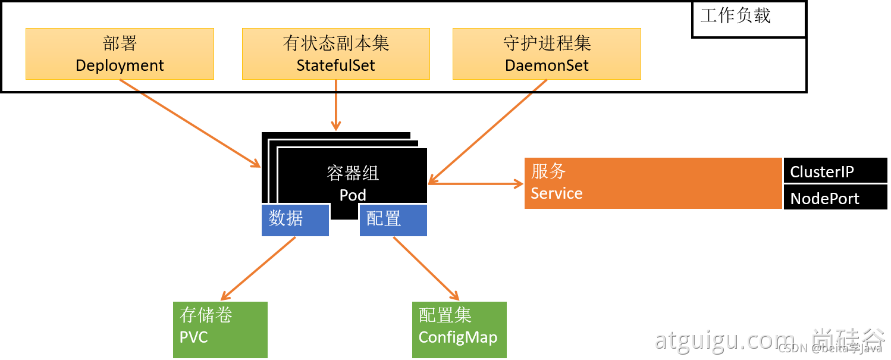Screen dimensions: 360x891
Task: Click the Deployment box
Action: click(x=120, y=54)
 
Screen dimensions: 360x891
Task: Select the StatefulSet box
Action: click(x=335, y=54)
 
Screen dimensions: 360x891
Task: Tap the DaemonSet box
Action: click(x=547, y=54)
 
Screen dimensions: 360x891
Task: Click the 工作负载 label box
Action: click(x=748, y=20)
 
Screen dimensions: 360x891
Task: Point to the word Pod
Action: click(x=353, y=195)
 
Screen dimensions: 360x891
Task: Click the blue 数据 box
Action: click(x=295, y=220)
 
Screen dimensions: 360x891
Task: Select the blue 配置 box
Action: click(x=393, y=220)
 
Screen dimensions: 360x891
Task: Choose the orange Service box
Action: click(x=652, y=183)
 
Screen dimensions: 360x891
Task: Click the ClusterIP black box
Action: click(x=835, y=171)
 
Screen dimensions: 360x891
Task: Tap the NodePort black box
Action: click(x=835, y=198)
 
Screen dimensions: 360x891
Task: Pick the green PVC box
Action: click(x=220, y=330)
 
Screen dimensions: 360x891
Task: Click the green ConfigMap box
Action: click(x=459, y=330)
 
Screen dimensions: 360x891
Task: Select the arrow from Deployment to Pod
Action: click(x=190, y=123)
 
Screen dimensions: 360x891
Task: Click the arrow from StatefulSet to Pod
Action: click(x=336, y=105)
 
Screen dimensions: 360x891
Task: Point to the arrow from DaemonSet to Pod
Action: click(x=488, y=130)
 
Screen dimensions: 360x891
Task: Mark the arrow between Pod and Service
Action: click(x=476, y=184)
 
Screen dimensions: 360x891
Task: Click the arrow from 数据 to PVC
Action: click(x=258, y=268)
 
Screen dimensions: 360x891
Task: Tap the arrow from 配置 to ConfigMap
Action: click(x=426, y=268)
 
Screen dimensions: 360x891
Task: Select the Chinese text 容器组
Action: click(x=353, y=173)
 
